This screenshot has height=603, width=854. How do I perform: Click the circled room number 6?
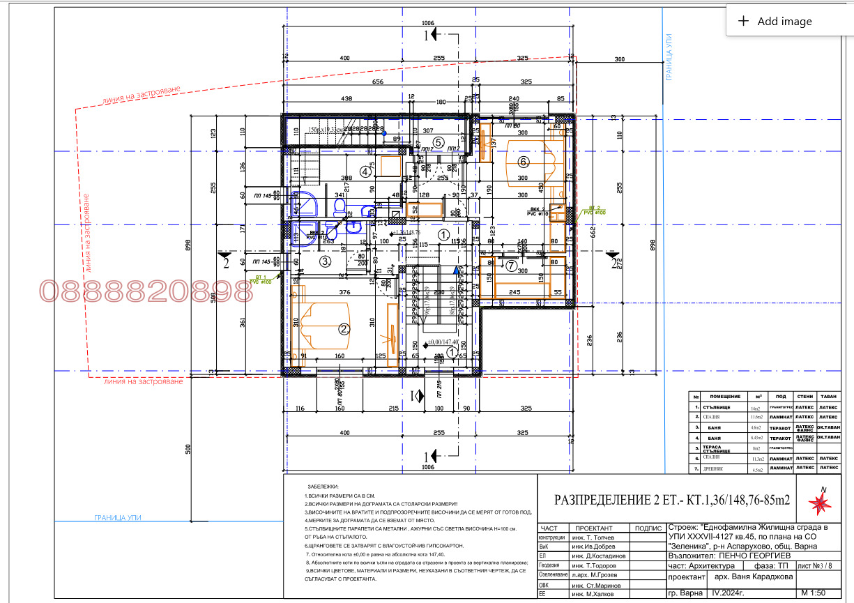click(x=524, y=162)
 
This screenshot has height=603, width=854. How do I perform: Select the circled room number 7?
click(x=511, y=266)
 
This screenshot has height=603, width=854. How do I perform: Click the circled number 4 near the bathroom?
click(x=365, y=171)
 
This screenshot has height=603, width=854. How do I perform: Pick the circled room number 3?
click(x=325, y=262)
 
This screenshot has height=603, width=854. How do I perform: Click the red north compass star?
click(x=821, y=503)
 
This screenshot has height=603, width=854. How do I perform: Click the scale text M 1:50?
click(x=816, y=592)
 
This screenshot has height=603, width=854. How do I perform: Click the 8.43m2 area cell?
click(x=756, y=437)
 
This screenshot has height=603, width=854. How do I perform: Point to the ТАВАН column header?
click(x=828, y=395)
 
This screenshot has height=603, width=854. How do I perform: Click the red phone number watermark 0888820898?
click(x=146, y=292)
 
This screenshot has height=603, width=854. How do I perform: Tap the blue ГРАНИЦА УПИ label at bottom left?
click(x=123, y=518)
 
